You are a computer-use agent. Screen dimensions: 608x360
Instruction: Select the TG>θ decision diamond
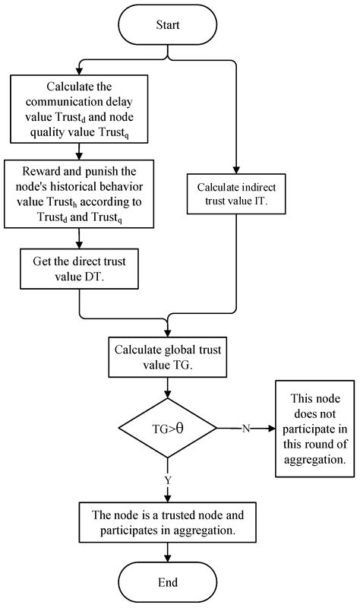pos(166,429)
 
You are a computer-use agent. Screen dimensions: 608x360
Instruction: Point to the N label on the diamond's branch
pos(245,429)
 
